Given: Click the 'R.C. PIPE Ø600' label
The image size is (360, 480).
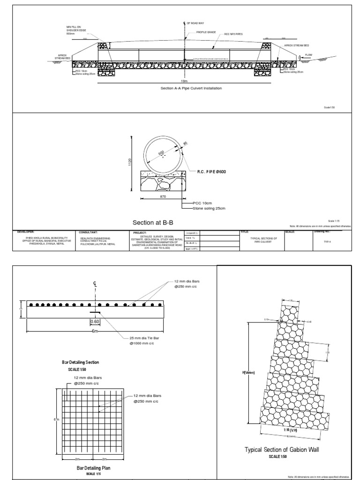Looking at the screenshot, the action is pyautogui.click(x=211, y=172).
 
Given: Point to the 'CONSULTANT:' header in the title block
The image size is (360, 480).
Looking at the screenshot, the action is pyautogui.click(x=89, y=232).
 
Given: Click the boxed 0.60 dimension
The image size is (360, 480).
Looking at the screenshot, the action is pyautogui.click(x=95, y=322).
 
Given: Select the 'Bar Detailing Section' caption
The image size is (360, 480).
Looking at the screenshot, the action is pyautogui.click(x=81, y=362).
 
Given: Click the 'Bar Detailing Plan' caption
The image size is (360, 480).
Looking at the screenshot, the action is pyautogui.click(x=94, y=468).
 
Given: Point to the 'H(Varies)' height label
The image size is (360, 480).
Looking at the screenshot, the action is pyautogui.click(x=248, y=373).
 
